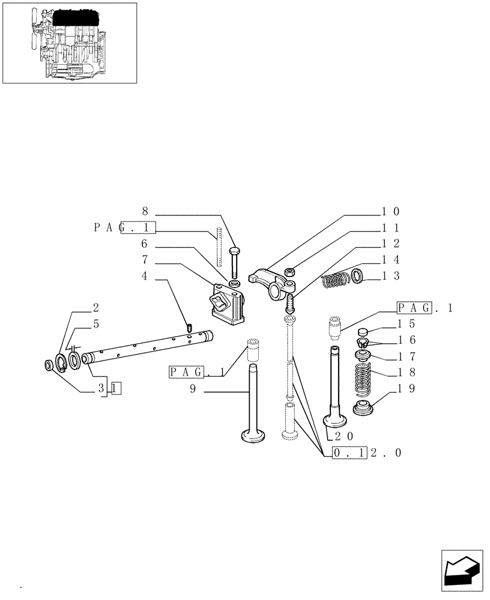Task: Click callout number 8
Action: tap(144, 211)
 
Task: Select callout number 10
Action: tap(390, 211)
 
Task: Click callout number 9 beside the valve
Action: tap(193, 389)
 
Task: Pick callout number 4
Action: tap(144, 277)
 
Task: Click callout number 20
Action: tap(344, 436)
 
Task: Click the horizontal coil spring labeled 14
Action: tap(335, 280)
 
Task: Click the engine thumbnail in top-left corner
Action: tap(69, 43)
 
